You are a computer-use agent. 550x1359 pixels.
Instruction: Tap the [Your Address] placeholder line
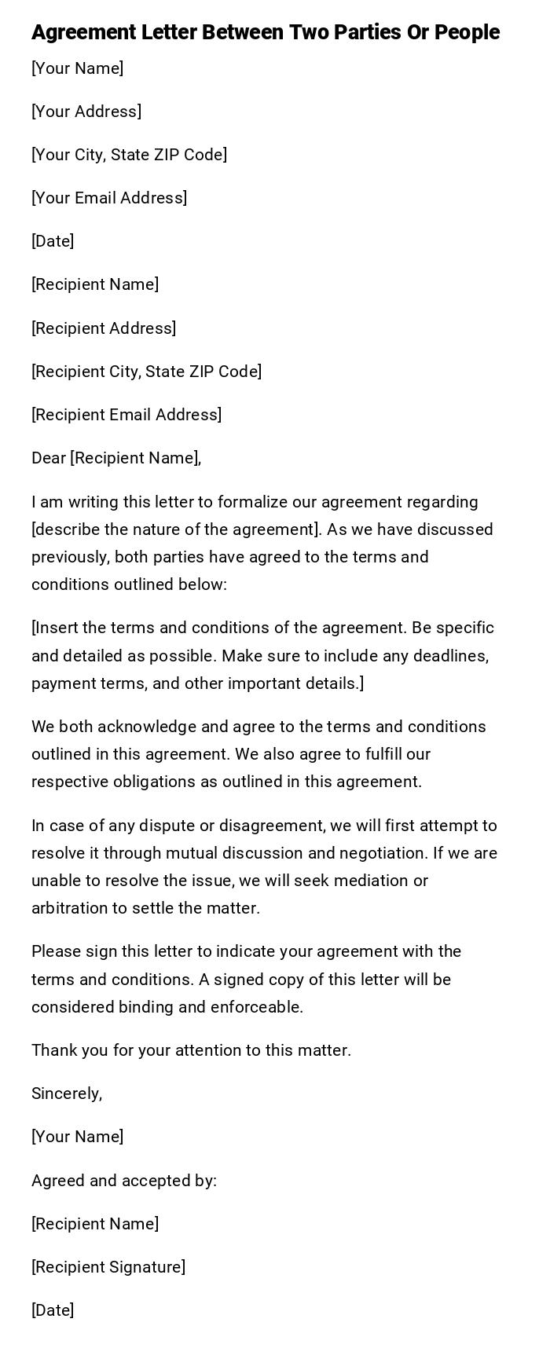click(86, 112)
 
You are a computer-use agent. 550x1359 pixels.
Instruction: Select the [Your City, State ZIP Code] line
click(130, 155)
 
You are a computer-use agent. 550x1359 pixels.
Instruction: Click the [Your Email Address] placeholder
click(109, 198)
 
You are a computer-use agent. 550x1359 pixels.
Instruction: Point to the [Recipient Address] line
click(104, 328)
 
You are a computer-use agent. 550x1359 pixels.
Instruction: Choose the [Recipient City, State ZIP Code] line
click(147, 372)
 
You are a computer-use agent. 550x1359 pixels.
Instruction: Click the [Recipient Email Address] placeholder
click(126, 415)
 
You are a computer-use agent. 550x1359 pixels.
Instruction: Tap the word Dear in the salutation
click(49, 458)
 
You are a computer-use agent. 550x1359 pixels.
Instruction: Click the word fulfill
click(385, 754)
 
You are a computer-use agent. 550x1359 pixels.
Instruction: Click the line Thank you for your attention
click(191, 1050)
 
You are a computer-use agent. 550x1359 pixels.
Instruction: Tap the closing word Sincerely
click(67, 1093)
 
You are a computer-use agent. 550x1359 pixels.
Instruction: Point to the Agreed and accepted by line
click(124, 1181)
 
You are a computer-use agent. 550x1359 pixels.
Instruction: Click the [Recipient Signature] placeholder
click(108, 1267)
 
